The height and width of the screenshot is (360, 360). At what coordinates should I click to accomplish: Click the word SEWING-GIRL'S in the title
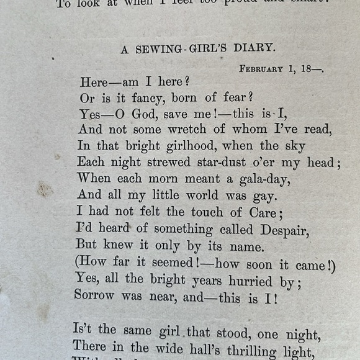click(179, 49)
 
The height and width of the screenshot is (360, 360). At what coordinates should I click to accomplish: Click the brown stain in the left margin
click(44, 189)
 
